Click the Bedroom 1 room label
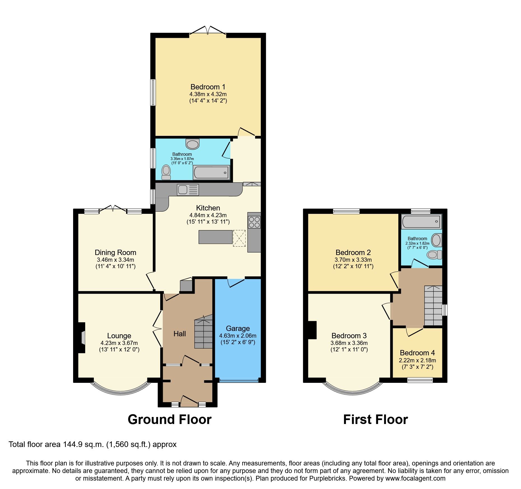[x=208, y=87]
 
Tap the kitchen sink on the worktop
[x=188, y=190]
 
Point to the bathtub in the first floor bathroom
[x=421, y=222]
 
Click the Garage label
[x=238, y=328]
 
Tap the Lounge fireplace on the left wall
[x=82, y=338]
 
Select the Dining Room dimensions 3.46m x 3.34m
[x=115, y=260]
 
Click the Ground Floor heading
[x=169, y=420]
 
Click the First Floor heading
[x=375, y=420]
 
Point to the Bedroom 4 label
[x=417, y=353]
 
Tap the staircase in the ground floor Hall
[x=204, y=332]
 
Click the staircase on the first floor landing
[x=433, y=305]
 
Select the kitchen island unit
[x=215, y=237]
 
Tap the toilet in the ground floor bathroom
[x=166, y=172]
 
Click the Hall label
[x=180, y=334]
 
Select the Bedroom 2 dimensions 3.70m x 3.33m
[x=353, y=260]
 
